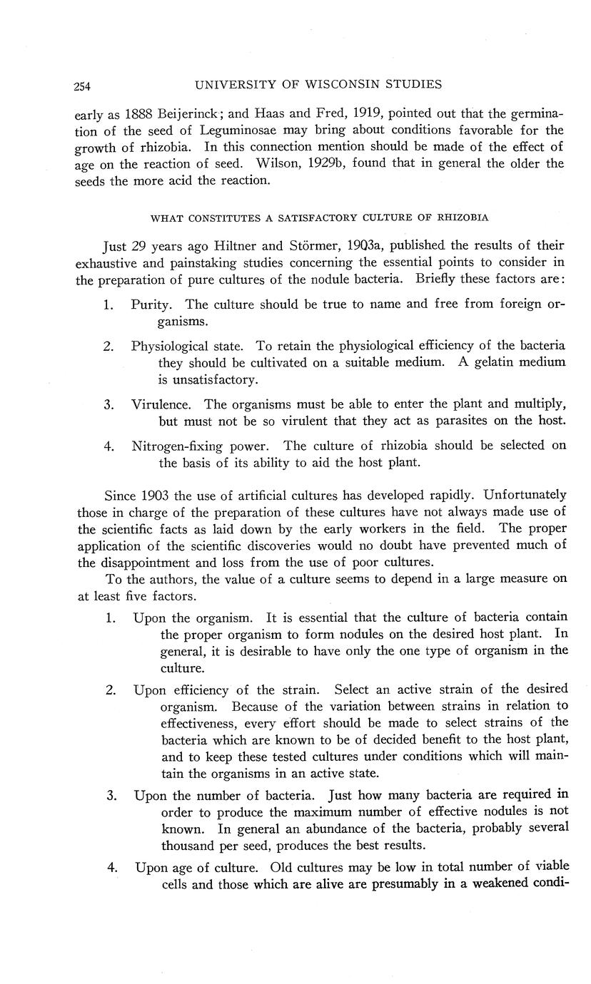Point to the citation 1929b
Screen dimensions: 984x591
point(341,163)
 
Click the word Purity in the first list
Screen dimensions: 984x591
point(151,304)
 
